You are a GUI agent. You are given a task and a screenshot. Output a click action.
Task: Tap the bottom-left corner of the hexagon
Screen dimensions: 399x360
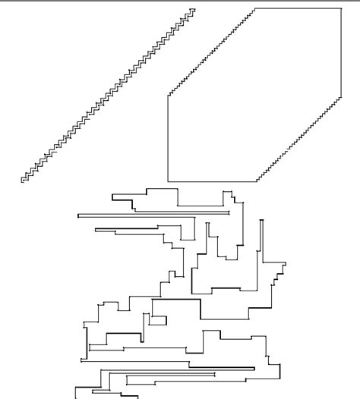point(168,181)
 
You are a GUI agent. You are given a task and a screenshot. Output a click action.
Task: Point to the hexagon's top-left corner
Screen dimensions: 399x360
point(255,8)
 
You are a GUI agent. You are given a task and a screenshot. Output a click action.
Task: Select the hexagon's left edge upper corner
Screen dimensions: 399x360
point(168,96)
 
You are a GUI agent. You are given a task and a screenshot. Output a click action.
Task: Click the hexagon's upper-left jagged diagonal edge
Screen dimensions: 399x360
point(211,52)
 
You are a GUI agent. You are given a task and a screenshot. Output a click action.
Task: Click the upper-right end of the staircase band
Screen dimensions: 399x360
point(193,10)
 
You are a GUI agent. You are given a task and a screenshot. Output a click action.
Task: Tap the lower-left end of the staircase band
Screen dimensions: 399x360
point(23,181)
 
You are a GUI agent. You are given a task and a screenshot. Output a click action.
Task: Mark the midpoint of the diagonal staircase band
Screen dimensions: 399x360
point(108,95)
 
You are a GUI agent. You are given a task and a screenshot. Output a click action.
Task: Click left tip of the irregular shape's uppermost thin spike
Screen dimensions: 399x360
point(78,215)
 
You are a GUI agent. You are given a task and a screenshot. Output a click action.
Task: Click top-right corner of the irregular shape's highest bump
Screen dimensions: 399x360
point(177,187)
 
